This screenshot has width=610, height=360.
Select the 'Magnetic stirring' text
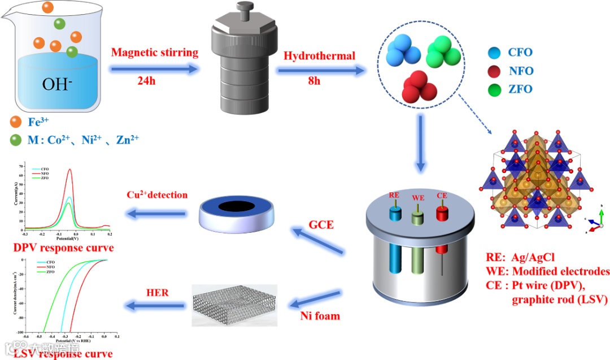click(x=155, y=53)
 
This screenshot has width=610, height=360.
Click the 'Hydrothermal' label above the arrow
click(x=319, y=55)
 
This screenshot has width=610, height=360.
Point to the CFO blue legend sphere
click(x=494, y=53)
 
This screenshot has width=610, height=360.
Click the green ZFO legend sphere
click(x=494, y=89)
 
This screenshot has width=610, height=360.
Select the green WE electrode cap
click(x=419, y=215)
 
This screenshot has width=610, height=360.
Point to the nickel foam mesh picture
click(x=234, y=305)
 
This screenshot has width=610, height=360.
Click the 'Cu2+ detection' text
click(x=156, y=196)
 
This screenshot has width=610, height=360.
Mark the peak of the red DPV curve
click(x=70, y=169)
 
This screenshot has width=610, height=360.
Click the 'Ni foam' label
click(x=320, y=315)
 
